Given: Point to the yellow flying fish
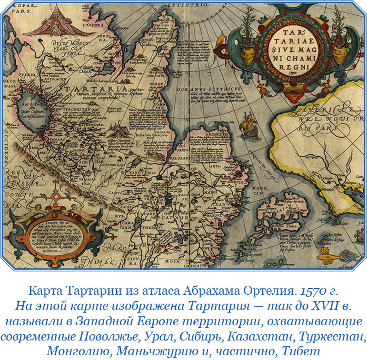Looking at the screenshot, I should click(x=329, y=257).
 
